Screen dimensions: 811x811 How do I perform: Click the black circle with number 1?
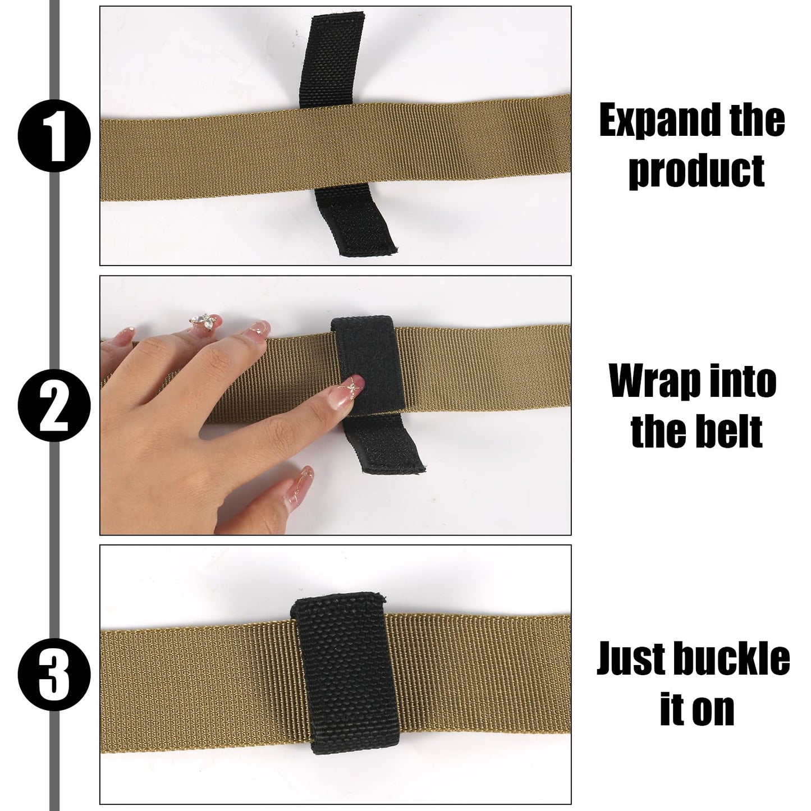coord(54,136)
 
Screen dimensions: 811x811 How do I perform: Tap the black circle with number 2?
coord(54,406)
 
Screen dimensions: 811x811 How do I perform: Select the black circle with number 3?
coord(54,675)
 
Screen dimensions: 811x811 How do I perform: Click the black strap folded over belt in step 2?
coord(368,365)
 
